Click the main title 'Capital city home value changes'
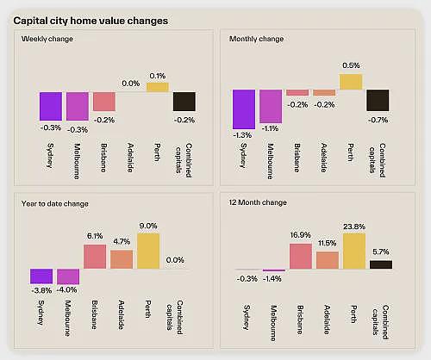91,21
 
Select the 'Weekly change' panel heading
47,39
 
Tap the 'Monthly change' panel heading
256,39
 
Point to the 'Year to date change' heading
54,204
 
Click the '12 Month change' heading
258,202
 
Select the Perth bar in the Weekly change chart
158,87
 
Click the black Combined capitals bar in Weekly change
184,102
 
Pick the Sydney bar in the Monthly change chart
244,109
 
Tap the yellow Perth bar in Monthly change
351,82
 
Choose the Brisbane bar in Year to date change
95,257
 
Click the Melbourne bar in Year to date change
68,276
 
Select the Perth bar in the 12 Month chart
354,251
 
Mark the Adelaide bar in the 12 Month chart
328,260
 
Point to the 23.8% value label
354,227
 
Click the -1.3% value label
242,135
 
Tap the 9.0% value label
148,227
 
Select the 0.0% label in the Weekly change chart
131,84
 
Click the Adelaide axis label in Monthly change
324,158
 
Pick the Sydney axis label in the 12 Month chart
247,317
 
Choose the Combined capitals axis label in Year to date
175,317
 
